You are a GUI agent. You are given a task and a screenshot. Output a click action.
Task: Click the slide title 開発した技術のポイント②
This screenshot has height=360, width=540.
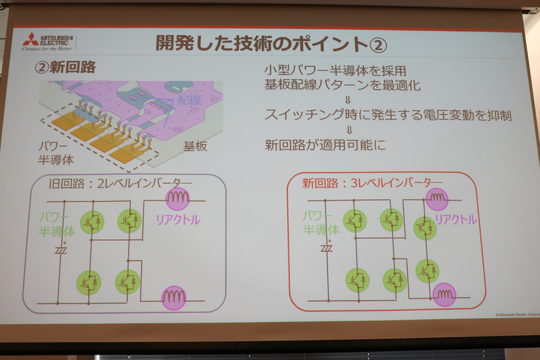(271, 44)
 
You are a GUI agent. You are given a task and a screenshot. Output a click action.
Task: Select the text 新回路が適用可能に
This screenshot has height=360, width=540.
(316, 145)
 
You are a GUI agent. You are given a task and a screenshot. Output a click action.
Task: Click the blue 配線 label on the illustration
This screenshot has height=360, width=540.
(190, 101)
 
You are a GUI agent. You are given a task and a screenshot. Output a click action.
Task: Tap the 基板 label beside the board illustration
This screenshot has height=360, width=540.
(195, 146)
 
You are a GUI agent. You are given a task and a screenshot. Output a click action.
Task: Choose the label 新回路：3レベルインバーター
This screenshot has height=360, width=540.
(372, 182)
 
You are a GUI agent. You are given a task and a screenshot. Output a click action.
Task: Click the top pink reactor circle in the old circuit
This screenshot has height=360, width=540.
(178, 197)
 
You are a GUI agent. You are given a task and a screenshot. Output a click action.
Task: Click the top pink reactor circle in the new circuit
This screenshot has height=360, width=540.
(437, 197)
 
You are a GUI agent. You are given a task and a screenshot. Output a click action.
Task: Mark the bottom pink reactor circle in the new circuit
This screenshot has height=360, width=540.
(444, 294)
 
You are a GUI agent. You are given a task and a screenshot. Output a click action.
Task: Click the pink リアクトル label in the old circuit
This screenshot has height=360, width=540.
(178, 220)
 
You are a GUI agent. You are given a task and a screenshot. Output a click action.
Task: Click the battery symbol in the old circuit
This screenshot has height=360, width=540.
(61, 249)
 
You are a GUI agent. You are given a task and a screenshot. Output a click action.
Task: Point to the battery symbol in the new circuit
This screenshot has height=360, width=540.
(327, 247)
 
